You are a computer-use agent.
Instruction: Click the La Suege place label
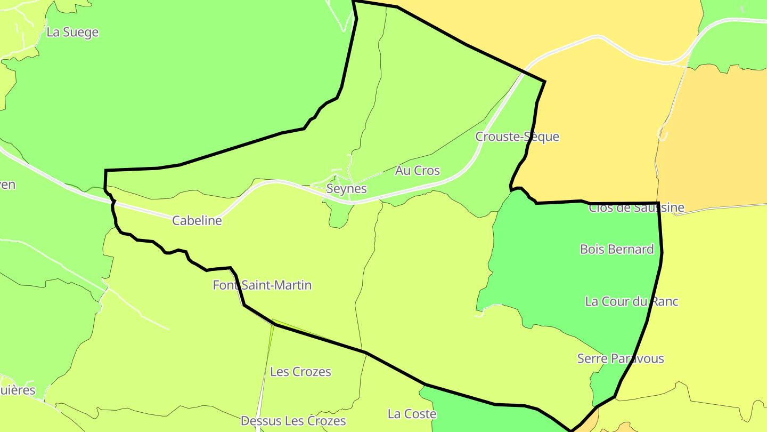coord(72,32)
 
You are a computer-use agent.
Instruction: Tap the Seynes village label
coord(346,189)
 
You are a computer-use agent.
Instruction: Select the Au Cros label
coord(418,171)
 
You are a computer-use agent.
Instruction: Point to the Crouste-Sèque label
coord(517,137)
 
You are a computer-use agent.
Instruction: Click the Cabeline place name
coord(197,220)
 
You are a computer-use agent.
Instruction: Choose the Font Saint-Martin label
coord(262,285)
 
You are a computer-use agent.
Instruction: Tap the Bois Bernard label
coord(617,249)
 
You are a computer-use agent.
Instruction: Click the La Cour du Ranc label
coord(632,301)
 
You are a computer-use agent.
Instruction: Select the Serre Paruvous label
coord(621,358)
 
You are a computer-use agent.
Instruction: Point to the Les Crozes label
coord(300,372)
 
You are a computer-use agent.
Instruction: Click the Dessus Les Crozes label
coord(293,421)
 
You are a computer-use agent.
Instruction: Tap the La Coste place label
coord(412,414)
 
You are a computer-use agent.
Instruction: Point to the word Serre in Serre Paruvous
coord(592,358)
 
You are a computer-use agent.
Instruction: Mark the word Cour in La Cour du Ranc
coord(614,301)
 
